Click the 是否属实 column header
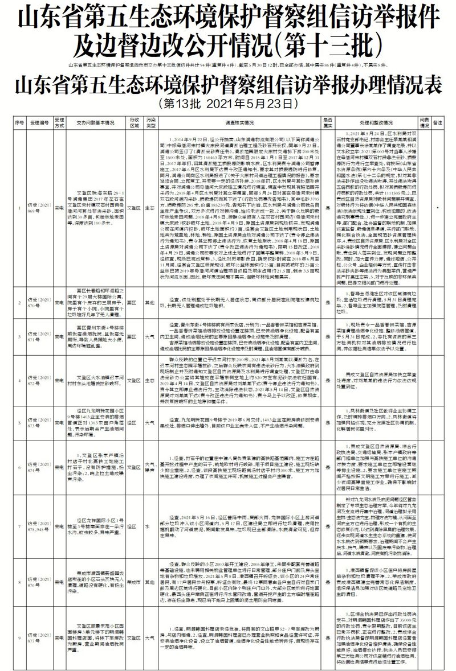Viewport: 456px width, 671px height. [327, 121]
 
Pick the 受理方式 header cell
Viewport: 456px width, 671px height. [59, 121]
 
